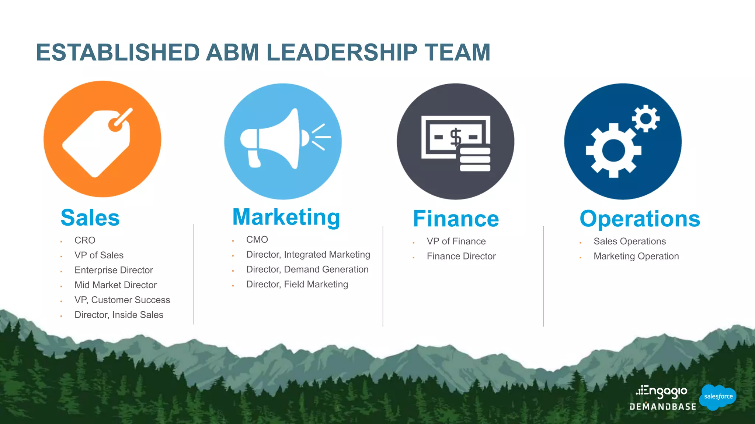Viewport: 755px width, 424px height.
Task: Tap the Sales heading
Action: click(x=90, y=218)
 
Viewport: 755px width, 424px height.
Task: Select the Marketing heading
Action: click(x=286, y=217)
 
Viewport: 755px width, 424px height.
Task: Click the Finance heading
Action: click(x=456, y=219)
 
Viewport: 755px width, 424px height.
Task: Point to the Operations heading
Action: click(x=640, y=219)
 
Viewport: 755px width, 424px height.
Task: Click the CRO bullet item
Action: click(x=85, y=240)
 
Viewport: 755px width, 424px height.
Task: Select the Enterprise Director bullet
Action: click(x=114, y=270)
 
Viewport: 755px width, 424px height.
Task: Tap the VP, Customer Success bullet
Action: click(x=122, y=300)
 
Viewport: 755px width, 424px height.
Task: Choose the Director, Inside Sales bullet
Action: click(x=119, y=315)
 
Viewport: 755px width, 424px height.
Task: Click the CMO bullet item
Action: click(x=257, y=240)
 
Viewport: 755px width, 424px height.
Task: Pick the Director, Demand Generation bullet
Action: click(x=307, y=269)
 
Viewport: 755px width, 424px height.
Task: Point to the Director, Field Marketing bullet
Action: click(x=297, y=284)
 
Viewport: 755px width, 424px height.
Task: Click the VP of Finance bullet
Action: click(x=456, y=241)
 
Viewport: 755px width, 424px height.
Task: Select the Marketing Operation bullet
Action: click(x=636, y=256)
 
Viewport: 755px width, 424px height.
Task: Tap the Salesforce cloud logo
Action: click(x=717, y=396)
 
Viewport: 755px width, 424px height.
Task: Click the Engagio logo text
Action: click(x=662, y=391)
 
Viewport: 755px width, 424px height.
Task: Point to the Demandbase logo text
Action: click(x=663, y=407)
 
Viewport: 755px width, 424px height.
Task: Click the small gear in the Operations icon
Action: click(x=646, y=119)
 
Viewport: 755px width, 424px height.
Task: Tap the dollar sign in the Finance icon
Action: click(x=456, y=137)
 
